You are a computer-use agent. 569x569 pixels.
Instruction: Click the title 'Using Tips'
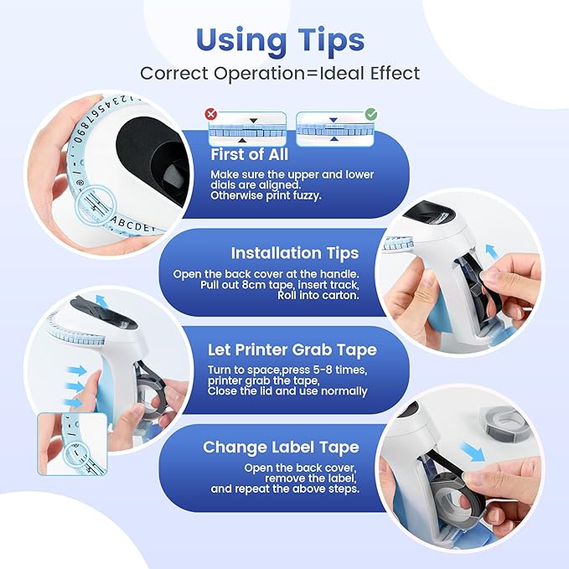(x=280, y=39)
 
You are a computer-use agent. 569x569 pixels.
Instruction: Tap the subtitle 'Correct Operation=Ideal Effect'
(x=280, y=73)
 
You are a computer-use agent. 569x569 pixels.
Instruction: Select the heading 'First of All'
(x=249, y=154)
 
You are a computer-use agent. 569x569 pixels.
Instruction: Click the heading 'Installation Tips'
(x=294, y=252)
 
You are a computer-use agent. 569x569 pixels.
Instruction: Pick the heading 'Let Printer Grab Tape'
(x=291, y=350)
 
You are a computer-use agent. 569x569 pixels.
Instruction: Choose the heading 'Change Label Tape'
(x=281, y=447)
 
